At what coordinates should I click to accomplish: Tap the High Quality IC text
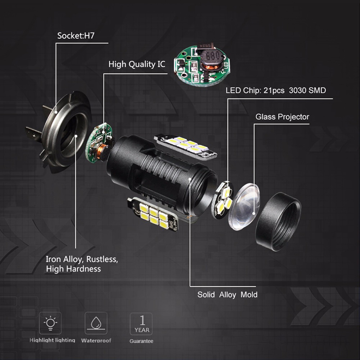[137, 64]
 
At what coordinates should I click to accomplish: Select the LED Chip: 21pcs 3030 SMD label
[275, 90]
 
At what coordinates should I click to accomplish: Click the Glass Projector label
[282, 117]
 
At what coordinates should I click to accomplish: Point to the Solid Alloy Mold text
[227, 295]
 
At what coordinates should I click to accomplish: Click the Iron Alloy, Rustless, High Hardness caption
[81, 264]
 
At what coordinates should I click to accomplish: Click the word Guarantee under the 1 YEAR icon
[141, 341]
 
